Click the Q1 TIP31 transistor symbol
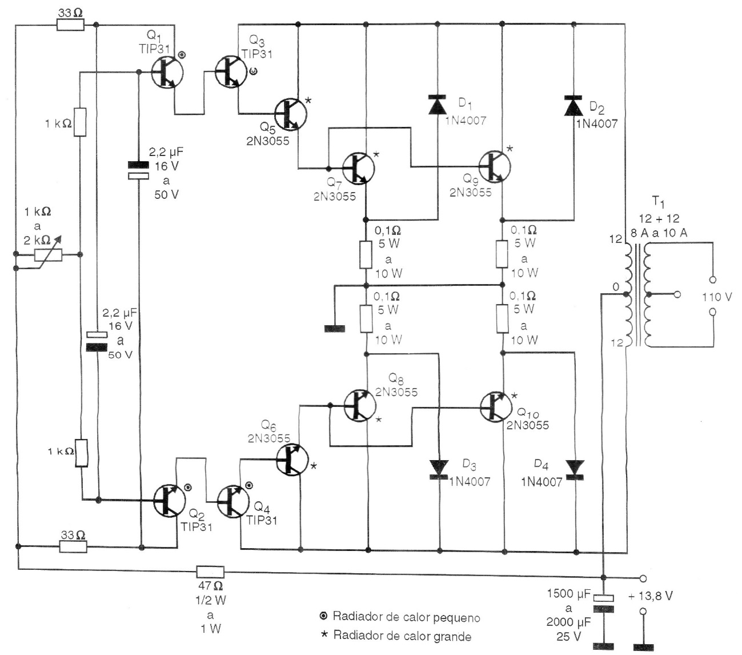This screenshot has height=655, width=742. point(167,72)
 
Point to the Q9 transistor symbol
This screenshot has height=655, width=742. point(495,166)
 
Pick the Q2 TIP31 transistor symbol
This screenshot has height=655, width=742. point(170,500)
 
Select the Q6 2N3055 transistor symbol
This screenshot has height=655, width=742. point(292,459)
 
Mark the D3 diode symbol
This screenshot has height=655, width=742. point(439,468)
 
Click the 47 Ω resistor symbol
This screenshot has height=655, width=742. point(210,572)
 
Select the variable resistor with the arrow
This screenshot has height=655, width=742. point(48,254)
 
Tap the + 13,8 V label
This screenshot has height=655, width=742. point(650,596)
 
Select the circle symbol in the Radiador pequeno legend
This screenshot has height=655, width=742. point(324,617)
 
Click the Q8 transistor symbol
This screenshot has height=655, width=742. point(360,406)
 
